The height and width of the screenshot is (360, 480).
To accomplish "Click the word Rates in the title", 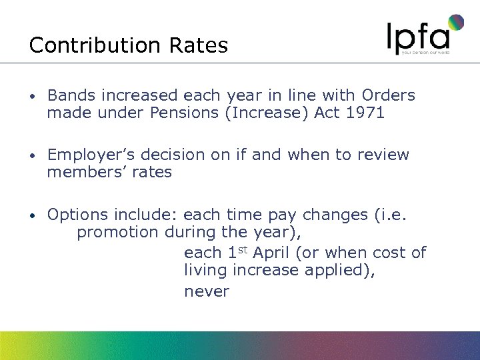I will (199, 45).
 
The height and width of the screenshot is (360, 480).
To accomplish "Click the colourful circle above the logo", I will (456, 23).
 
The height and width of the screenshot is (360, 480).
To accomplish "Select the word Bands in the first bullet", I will (69, 95).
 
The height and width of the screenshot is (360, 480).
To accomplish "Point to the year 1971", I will (365, 113).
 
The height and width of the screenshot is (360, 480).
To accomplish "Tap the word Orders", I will (389, 95).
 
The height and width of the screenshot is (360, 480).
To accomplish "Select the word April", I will (276, 253).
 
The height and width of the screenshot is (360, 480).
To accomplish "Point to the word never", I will (206, 291).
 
